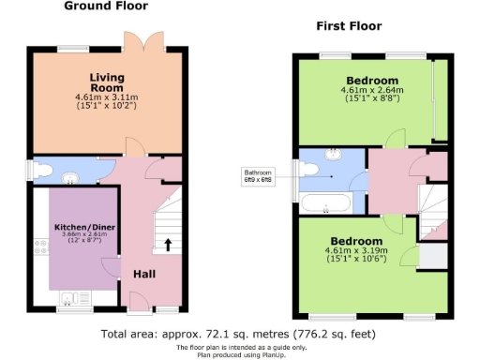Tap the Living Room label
coord(107,82)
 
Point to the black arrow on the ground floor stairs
coord(169,246)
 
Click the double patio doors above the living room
coord(135,41)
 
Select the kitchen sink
coord(70,300)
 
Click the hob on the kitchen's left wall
coord(40,247)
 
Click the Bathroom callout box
coord(259,175)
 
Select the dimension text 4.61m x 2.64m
coord(371,91)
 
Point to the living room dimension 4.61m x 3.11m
coord(107,96)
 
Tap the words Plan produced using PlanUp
coord(240,354)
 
